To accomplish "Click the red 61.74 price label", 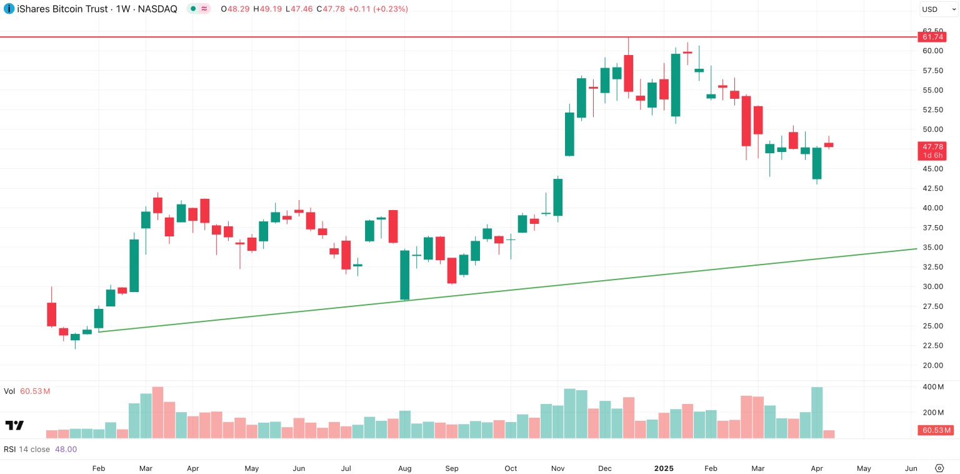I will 932,37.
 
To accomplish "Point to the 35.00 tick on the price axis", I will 932,247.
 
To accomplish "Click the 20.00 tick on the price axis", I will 932,365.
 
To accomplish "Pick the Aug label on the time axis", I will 404,468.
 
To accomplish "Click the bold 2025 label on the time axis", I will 664,468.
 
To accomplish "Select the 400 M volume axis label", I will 932,387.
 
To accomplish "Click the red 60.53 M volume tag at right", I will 935,430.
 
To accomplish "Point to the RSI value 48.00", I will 66,449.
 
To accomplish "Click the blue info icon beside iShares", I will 9,9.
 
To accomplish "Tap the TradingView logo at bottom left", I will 14,425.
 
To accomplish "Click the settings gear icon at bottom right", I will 939,468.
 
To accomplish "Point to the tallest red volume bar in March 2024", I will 157,413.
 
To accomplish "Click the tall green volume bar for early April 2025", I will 817,413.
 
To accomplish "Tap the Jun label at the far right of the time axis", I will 911,468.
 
